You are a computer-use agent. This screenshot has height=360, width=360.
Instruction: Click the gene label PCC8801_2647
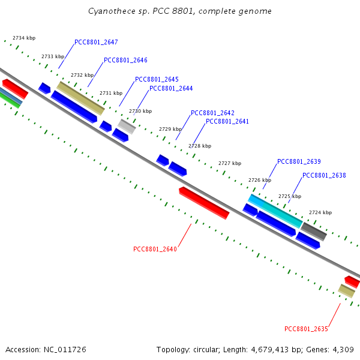[x=96, y=43]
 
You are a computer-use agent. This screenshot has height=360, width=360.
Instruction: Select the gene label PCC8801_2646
[x=125, y=60]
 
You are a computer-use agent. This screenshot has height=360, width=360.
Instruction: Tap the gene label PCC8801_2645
[x=157, y=79]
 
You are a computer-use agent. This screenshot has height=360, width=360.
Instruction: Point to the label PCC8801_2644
[x=171, y=88]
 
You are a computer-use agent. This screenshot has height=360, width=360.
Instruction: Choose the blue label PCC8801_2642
[x=212, y=113]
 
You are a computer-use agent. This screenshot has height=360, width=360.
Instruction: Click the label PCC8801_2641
[x=227, y=121]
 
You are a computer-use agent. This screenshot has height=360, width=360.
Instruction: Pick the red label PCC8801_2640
[x=155, y=249]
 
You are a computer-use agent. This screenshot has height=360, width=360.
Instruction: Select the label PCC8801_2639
[x=299, y=161]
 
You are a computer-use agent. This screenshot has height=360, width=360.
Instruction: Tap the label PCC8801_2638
[x=324, y=175]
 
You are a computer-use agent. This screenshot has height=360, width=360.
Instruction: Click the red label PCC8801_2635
[x=306, y=329]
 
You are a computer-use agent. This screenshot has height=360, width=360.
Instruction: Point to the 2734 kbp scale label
[x=24, y=38]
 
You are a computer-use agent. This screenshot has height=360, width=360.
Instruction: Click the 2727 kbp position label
[x=230, y=163]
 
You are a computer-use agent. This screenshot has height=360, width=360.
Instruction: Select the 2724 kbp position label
[x=320, y=212]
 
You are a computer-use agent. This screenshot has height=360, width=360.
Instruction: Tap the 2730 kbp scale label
[x=140, y=111]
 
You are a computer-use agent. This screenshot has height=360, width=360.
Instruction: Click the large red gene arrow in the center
[x=204, y=203]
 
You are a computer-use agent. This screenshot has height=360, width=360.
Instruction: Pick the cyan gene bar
[x=275, y=211]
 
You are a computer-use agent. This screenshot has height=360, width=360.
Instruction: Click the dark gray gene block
[x=313, y=231]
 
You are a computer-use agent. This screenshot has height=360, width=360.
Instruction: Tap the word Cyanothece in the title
[x=108, y=11]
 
